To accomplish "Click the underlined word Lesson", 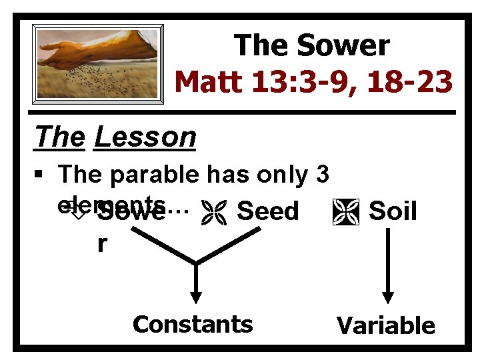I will [145, 137].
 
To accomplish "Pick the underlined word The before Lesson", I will [60, 137].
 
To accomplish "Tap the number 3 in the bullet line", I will [321, 175].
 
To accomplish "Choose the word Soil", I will [393, 211].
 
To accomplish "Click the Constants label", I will [193, 324].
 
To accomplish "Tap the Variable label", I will [385, 326].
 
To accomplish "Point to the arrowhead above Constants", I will [196, 298].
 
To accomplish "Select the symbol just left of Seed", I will [219, 211].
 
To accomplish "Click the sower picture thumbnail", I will [99, 64].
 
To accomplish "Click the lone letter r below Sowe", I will [101, 244].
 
